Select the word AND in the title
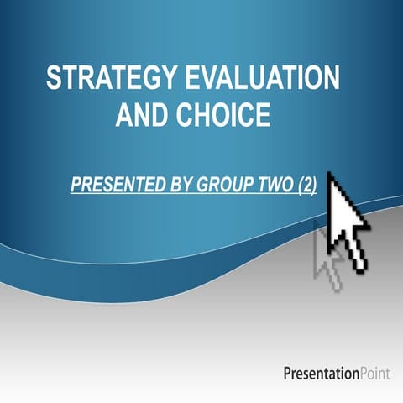[x=141, y=116]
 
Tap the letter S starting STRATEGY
[x=55, y=79]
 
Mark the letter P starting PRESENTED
[x=76, y=185]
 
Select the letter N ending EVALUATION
[x=332, y=79]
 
